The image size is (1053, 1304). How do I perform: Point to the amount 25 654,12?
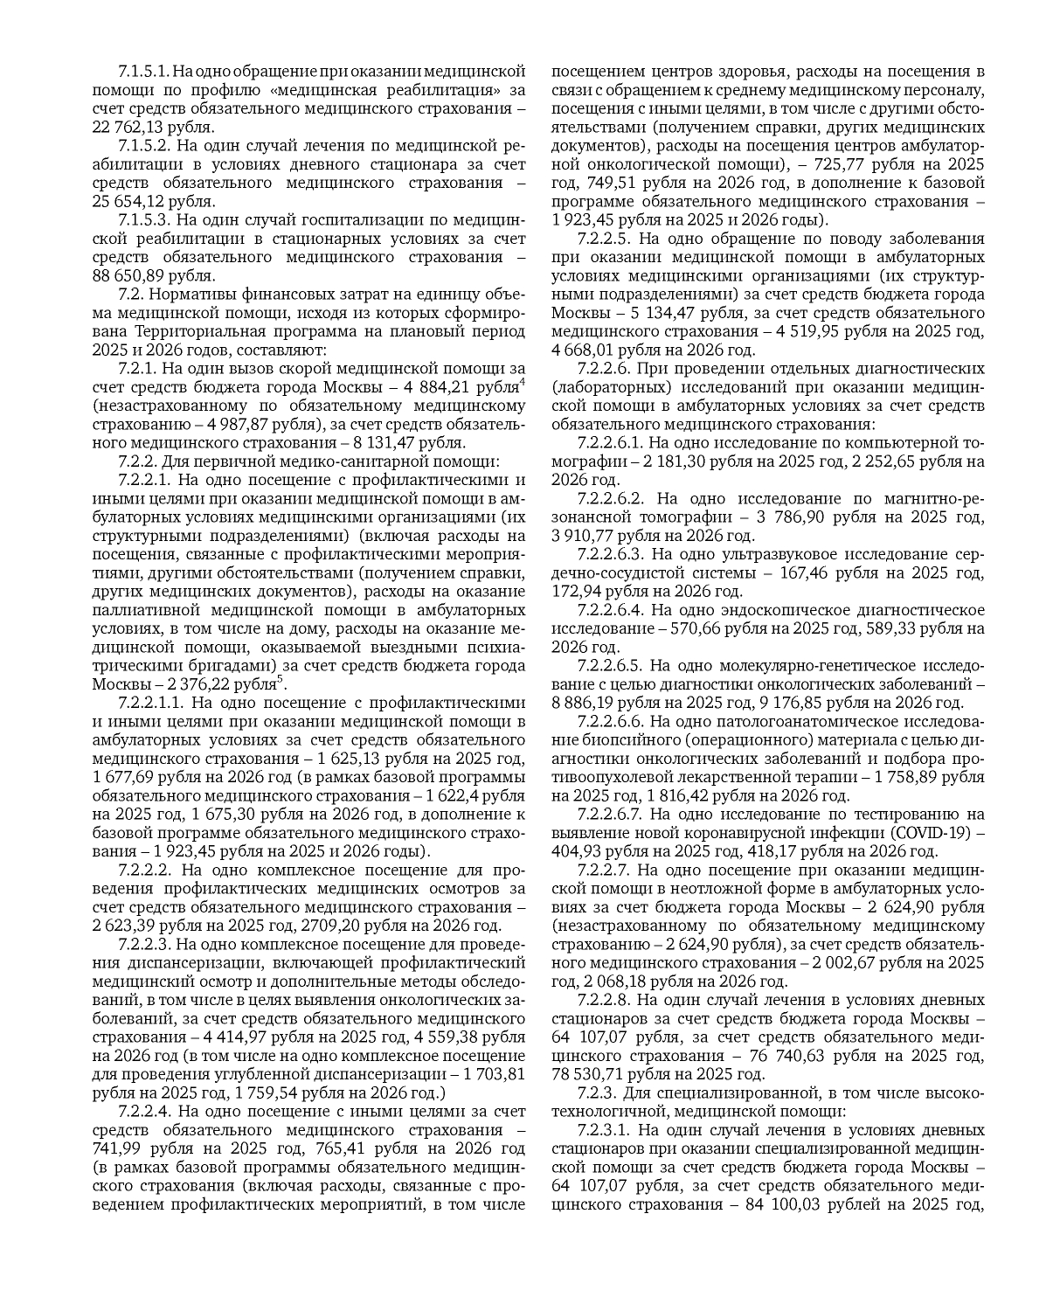(x=128, y=201)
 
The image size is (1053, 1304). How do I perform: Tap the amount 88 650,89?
(x=128, y=275)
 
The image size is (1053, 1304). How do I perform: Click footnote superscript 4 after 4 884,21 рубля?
(x=522, y=381)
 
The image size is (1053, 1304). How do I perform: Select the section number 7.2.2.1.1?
(x=150, y=702)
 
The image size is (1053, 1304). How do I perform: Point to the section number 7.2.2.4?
(x=145, y=1111)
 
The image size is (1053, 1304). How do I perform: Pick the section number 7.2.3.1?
(x=605, y=1129)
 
